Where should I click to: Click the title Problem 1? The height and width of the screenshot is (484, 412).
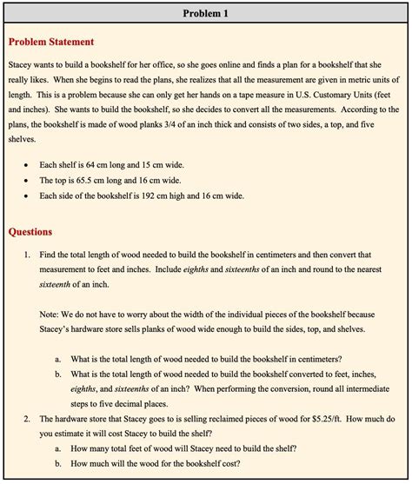[x=206, y=14]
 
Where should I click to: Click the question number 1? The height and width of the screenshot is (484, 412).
[x=28, y=255]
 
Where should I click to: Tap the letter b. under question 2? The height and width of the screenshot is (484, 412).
[x=58, y=465]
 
